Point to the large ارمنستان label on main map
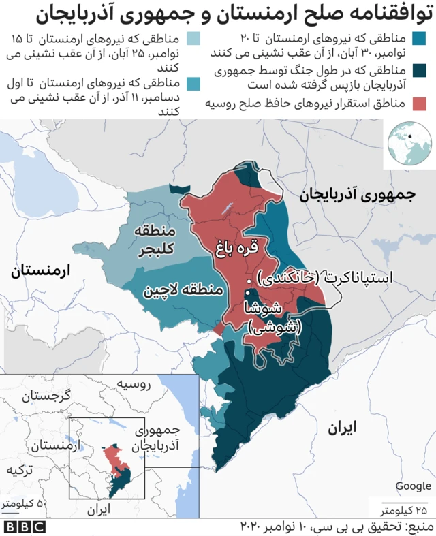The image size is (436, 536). [x=40, y=270]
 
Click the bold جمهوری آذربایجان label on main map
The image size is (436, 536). [x=357, y=195]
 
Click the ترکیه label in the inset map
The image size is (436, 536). [x=18, y=470]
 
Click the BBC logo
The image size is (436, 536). [x=24, y=527]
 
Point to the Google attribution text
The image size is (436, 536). [x=413, y=486]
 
